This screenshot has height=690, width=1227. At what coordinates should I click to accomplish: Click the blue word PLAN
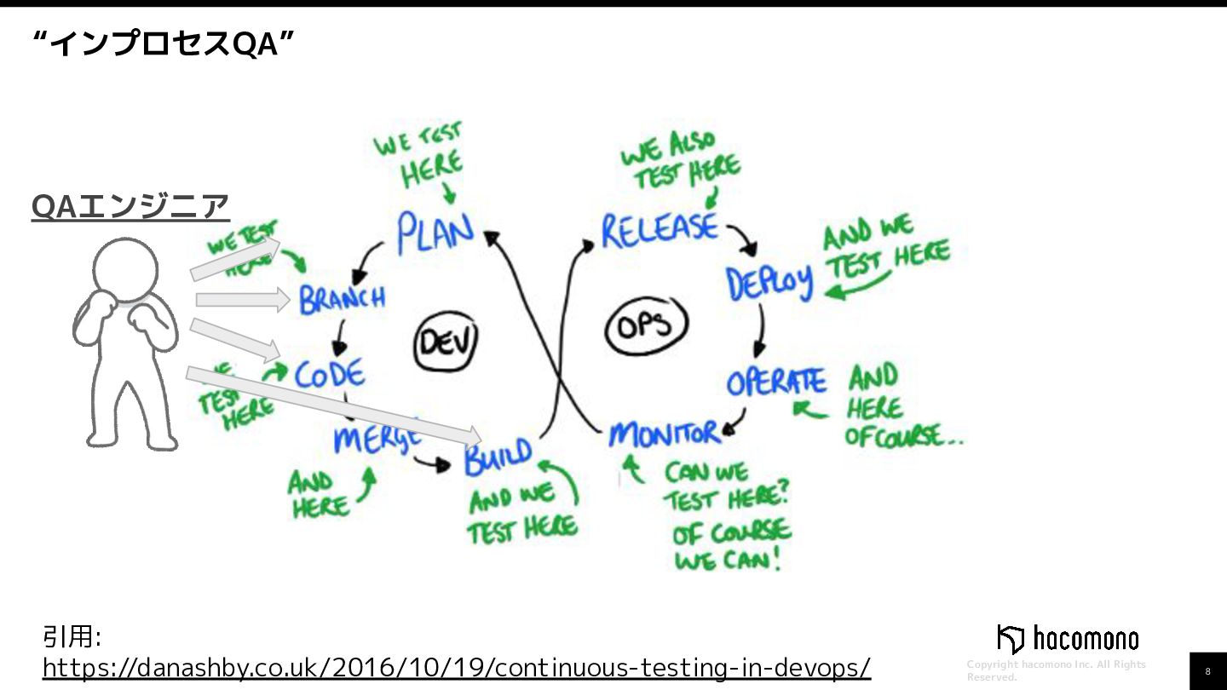[435, 231]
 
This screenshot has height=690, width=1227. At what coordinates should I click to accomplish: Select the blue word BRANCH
[342, 299]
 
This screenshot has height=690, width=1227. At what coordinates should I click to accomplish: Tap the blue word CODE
[330, 375]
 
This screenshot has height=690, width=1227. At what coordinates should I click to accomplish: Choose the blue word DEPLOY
[769, 283]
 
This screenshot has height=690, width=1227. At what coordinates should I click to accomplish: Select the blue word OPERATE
[775, 382]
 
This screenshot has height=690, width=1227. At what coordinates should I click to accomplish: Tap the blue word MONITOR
[664, 434]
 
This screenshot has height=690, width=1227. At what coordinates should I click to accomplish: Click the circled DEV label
[446, 343]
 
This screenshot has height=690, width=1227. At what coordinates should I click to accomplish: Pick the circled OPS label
[647, 325]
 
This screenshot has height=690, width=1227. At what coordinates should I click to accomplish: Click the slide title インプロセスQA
[163, 43]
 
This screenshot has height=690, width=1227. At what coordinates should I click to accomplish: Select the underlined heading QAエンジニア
[130, 206]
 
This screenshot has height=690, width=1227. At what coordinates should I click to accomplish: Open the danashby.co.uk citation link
[457, 666]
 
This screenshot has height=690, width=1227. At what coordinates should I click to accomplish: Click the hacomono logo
[1068, 639]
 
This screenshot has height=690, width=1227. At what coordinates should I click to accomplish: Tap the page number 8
[1207, 671]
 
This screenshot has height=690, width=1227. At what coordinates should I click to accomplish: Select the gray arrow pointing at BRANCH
[243, 299]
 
